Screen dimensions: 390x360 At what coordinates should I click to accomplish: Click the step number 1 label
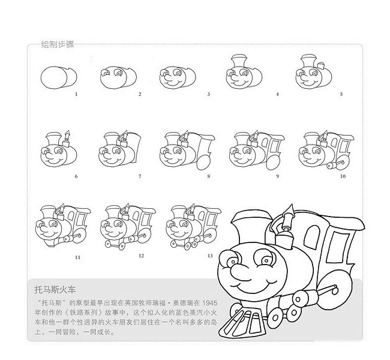(76, 94)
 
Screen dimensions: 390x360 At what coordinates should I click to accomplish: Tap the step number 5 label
(341, 94)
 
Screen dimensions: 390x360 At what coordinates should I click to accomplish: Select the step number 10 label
(343, 176)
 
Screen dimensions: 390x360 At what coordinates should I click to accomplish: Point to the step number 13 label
(210, 256)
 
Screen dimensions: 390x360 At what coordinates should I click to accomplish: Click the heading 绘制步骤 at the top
(58, 44)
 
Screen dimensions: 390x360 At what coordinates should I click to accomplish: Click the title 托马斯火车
(55, 290)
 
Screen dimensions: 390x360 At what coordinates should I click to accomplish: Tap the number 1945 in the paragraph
(209, 303)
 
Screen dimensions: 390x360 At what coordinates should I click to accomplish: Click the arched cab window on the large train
(312, 235)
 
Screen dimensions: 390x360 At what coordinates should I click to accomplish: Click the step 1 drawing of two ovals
(59, 77)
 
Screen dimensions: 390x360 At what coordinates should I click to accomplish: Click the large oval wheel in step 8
(204, 163)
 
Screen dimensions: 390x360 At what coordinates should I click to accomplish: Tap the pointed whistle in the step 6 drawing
(67, 135)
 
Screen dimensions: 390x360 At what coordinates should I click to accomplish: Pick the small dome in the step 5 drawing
(321, 65)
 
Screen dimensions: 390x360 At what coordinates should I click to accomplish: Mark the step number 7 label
(140, 176)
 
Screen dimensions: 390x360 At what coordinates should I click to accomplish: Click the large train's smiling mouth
(256, 286)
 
